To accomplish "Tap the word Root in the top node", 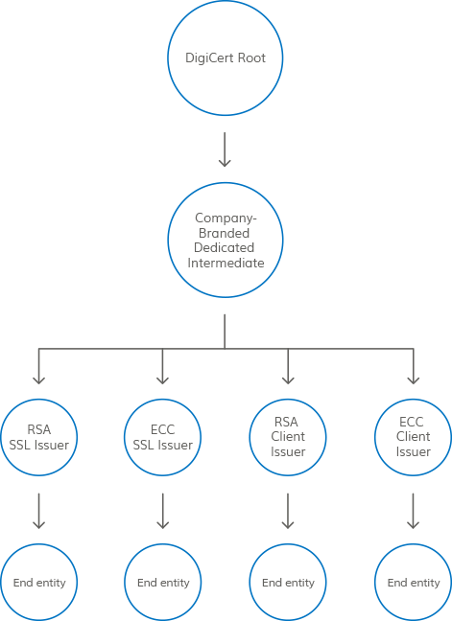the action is (x=251, y=57).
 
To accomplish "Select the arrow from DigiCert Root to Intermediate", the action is (x=225, y=149).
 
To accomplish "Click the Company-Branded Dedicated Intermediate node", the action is (x=226, y=183).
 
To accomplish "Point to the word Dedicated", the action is (x=224, y=247).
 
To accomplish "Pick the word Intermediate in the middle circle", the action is (x=226, y=263).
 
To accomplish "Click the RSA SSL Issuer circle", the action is (x=38, y=400).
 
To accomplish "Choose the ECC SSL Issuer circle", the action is (x=162, y=400).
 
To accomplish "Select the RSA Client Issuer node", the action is (x=288, y=400).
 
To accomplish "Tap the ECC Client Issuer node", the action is (x=414, y=400).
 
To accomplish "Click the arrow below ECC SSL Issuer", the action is (x=162, y=511).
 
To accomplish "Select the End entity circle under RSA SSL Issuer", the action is (x=38, y=544).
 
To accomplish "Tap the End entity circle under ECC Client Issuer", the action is (x=414, y=544).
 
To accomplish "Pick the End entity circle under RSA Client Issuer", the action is (x=288, y=544).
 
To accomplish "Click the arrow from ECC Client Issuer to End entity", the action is (x=414, y=511).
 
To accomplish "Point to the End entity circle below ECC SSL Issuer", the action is (x=162, y=544).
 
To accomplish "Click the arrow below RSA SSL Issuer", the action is (x=38, y=511).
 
